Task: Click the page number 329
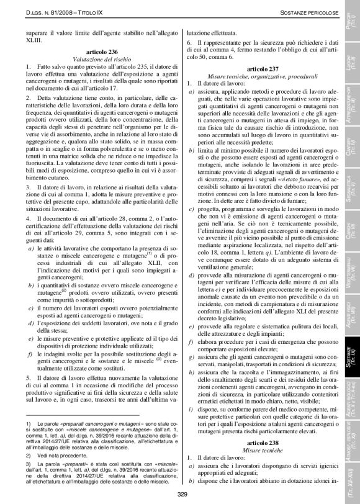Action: click(x=182, y=494)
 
